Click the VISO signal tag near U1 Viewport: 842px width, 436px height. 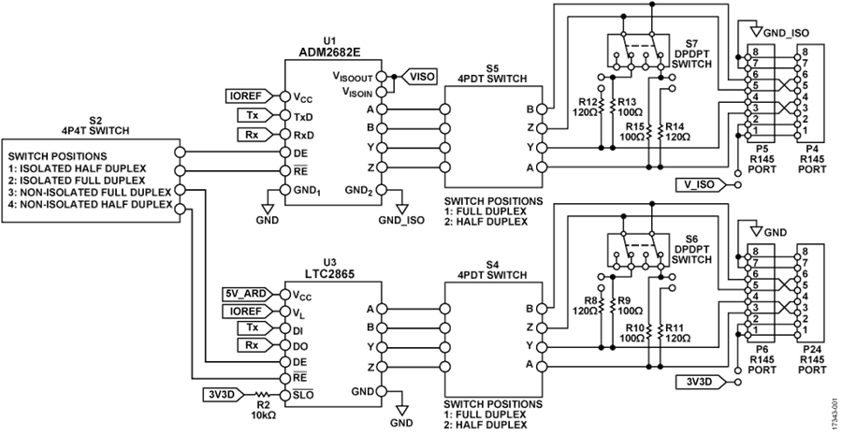(x=419, y=77)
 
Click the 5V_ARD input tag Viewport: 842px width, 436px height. (x=246, y=294)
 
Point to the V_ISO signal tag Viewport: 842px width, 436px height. (x=700, y=184)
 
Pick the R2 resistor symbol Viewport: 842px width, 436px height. (x=262, y=394)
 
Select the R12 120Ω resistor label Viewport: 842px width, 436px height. (x=588, y=108)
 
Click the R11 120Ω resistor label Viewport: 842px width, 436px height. (x=676, y=332)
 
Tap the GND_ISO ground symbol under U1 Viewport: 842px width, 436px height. (x=401, y=208)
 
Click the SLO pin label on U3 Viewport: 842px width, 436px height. (x=303, y=395)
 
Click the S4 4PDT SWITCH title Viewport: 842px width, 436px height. (x=492, y=270)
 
